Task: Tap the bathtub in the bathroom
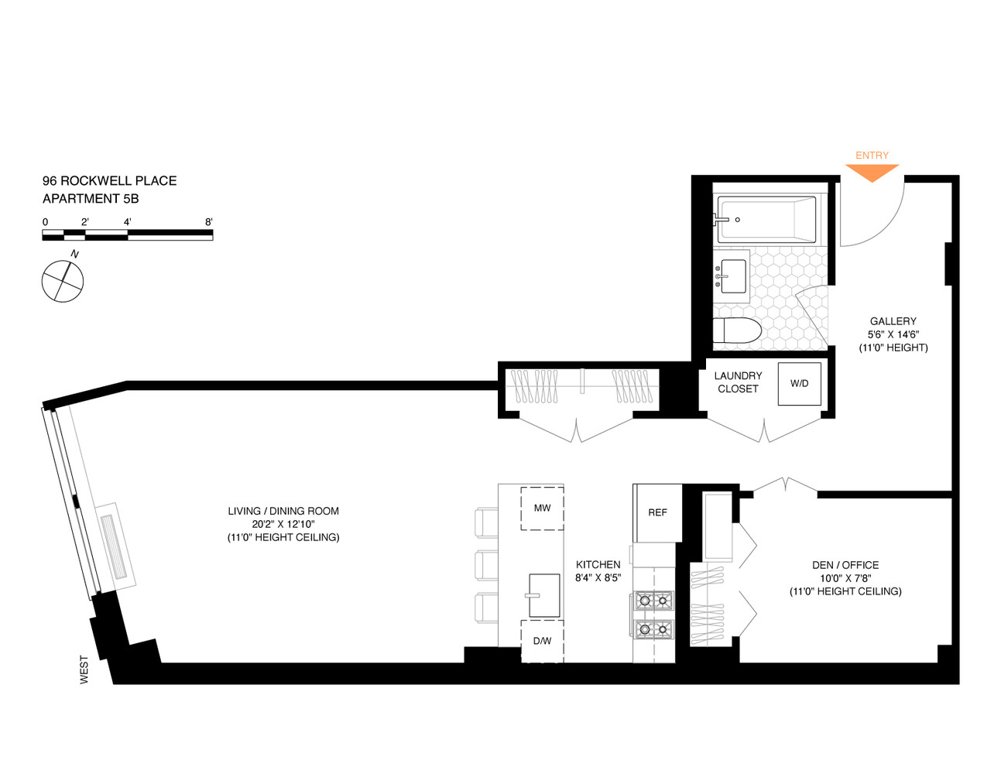(766, 219)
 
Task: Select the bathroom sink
(732, 276)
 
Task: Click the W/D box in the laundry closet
(799, 383)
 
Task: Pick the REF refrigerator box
(657, 512)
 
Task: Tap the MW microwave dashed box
(542, 508)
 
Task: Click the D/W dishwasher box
(542, 641)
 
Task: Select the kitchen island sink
(544, 595)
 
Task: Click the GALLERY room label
(893, 321)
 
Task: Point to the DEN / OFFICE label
(845, 565)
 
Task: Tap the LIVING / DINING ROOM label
(283, 511)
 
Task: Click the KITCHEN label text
(598, 564)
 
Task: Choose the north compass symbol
(63, 280)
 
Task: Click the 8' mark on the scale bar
(209, 222)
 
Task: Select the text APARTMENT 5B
(91, 199)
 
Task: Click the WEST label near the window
(84, 670)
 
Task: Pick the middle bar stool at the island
(486, 564)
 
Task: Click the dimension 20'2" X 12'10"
(283, 524)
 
